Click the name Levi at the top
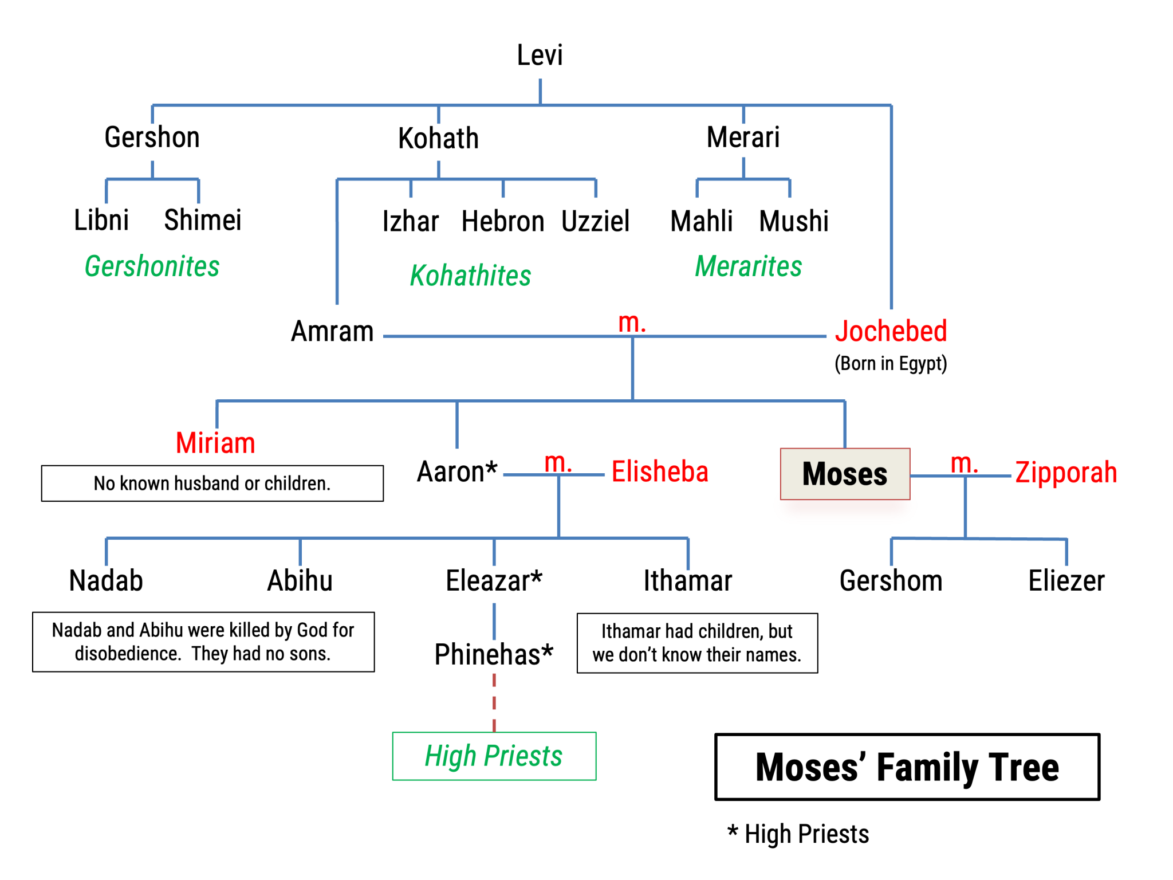pos(540,56)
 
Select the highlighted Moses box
pos(844,474)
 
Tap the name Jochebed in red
pos(890,331)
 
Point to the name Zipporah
pos(1065,473)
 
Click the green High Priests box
pos(494,756)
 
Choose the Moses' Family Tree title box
pos(907,767)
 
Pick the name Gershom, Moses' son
pos(891,581)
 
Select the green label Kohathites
pos(470,276)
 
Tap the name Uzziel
pos(595,222)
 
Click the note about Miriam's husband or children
pos(212,484)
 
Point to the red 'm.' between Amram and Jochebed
pos(632,323)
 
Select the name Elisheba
pos(659,472)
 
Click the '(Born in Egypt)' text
pos(890,363)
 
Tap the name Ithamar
pos(687,581)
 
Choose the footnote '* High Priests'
pos(798,834)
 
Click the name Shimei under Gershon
pos(202,221)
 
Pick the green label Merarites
pos(748,266)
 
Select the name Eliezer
pos(1066,581)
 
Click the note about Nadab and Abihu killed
pos(203,642)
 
